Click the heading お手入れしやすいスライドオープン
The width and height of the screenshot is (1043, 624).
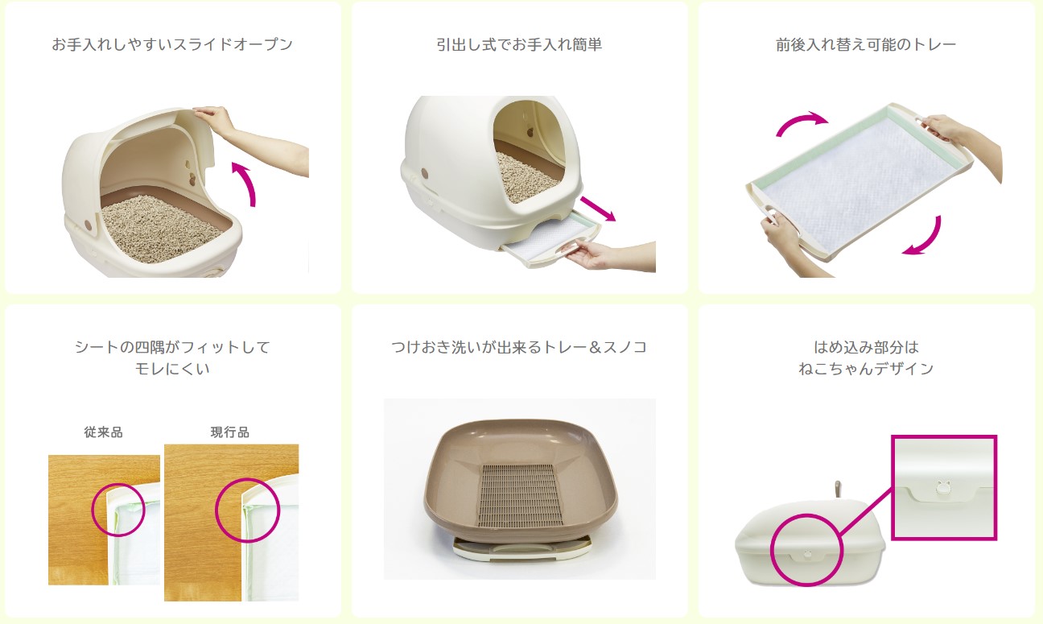click(x=172, y=44)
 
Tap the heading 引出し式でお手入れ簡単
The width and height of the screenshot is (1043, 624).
click(x=519, y=44)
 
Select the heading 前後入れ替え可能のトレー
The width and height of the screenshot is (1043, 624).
click(x=866, y=44)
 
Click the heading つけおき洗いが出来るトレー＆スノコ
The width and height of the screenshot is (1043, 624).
click(x=519, y=347)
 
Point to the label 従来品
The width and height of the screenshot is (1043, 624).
click(x=103, y=432)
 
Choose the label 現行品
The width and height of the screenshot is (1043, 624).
click(x=230, y=432)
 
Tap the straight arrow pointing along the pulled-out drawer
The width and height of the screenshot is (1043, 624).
click(x=598, y=209)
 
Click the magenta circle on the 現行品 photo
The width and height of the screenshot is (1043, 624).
click(x=216, y=510)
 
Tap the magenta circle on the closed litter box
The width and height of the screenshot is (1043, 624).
click(x=771, y=550)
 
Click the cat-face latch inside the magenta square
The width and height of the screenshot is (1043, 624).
click(x=943, y=487)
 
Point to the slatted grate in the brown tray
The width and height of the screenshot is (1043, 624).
click(x=520, y=495)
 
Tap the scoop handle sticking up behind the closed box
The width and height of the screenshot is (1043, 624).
click(x=837, y=490)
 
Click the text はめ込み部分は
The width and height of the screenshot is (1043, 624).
click(x=866, y=347)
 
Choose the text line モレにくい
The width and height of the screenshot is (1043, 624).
click(x=172, y=369)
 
